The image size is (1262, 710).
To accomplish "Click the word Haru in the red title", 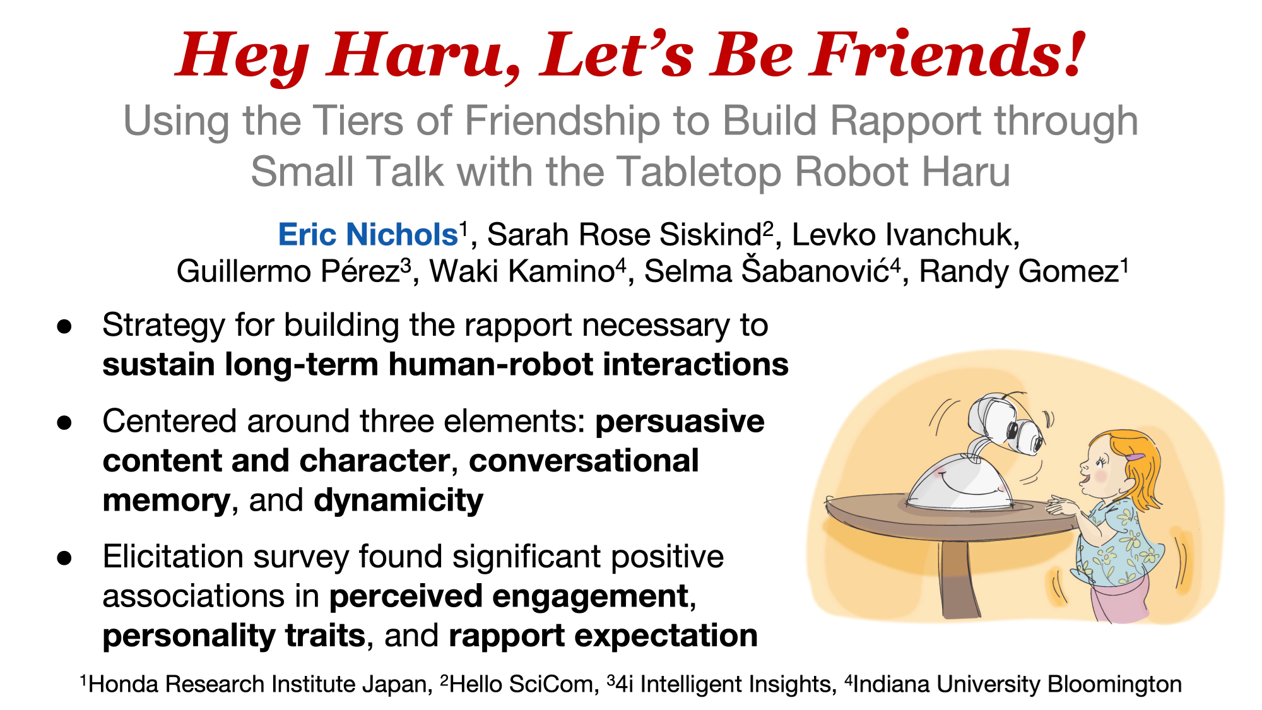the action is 423,56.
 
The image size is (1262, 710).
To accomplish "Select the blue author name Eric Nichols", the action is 368,235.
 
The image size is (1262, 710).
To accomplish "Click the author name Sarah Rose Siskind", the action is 624,235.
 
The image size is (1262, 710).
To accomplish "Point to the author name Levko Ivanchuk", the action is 905,235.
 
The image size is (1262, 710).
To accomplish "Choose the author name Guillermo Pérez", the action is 288,271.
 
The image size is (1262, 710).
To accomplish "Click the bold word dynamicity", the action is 399,500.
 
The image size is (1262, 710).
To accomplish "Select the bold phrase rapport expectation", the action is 603,636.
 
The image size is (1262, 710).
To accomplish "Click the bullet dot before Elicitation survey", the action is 64,558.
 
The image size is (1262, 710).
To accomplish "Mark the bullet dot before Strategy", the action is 64,326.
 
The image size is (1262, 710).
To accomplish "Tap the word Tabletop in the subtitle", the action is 700,172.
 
